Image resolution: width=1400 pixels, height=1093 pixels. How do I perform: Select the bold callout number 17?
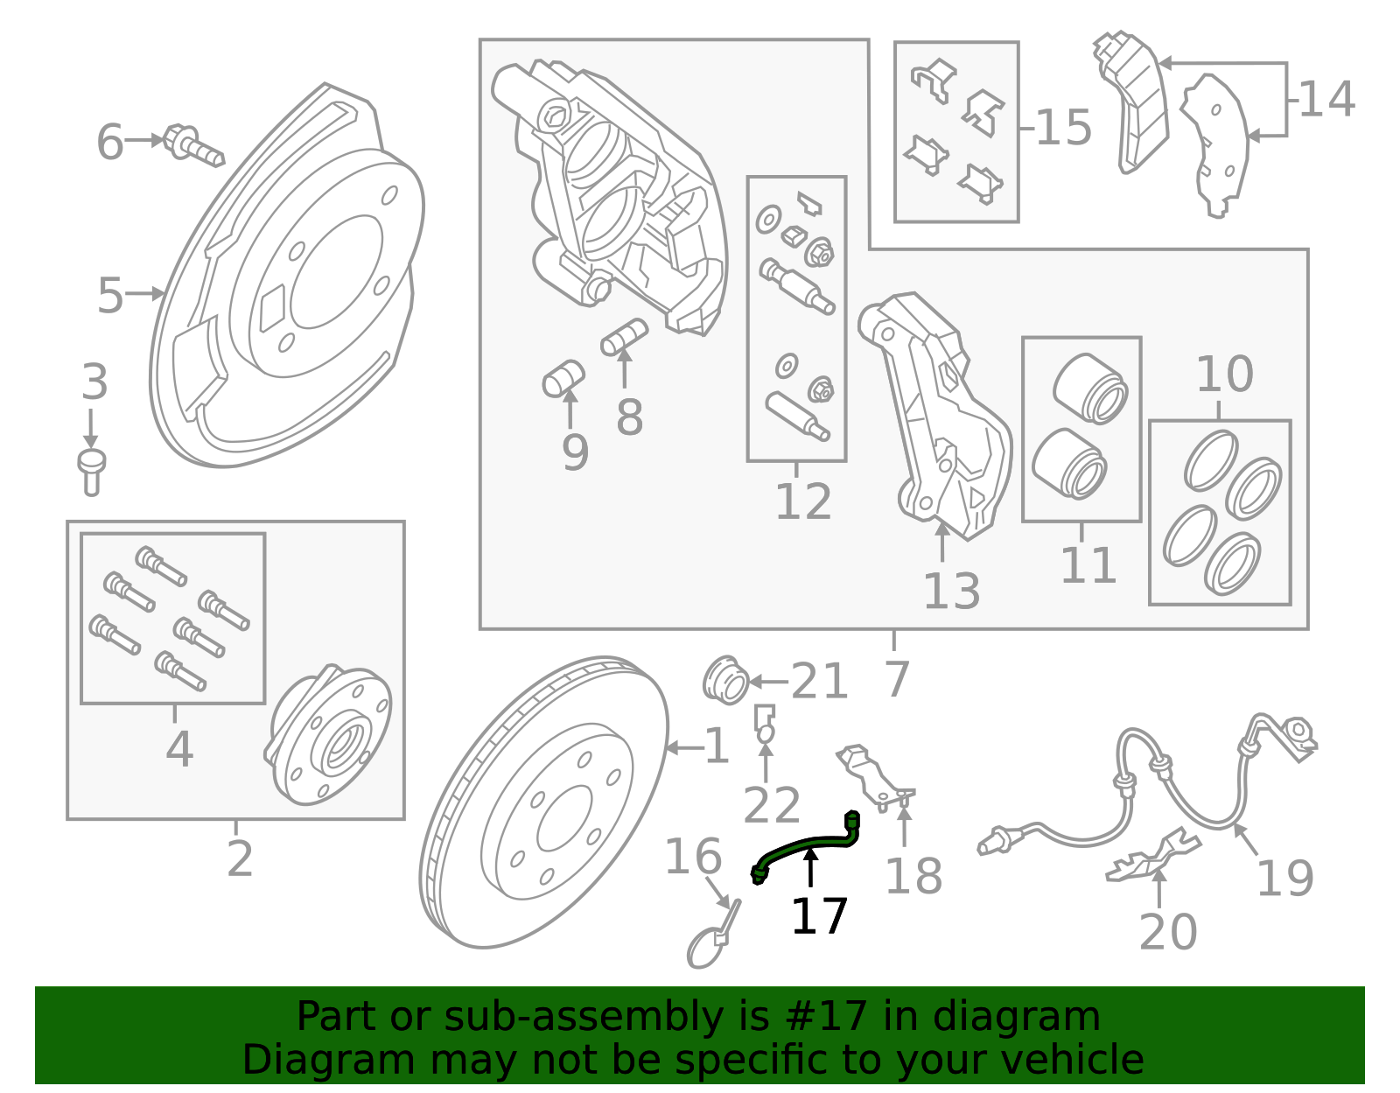click(818, 916)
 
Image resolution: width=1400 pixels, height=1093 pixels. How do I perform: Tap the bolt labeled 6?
click(193, 145)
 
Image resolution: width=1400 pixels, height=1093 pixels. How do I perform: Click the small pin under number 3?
click(92, 472)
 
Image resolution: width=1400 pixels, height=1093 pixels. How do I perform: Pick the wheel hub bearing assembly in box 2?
click(329, 734)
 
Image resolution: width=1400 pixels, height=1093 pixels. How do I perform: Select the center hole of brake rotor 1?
click(564, 818)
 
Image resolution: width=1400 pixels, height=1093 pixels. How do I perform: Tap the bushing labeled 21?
click(725, 680)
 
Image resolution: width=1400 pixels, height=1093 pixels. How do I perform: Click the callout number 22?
click(771, 805)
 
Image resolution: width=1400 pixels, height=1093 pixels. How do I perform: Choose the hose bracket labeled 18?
click(875, 776)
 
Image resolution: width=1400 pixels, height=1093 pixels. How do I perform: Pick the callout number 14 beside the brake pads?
click(1327, 99)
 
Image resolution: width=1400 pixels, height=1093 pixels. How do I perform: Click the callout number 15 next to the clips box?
click(1064, 127)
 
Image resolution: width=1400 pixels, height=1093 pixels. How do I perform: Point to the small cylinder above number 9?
click(563, 379)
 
